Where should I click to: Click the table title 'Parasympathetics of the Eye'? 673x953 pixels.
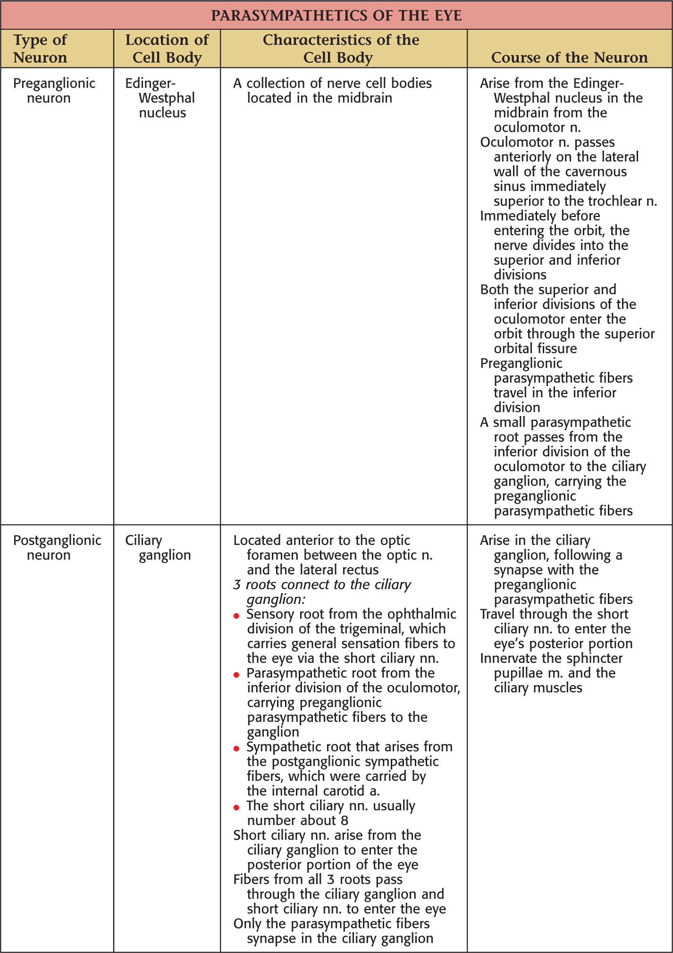point(336,16)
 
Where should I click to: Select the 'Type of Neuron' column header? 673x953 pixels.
point(40,49)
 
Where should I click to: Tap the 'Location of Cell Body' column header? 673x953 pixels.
point(167,49)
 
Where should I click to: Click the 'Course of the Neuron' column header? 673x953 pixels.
point(569,58)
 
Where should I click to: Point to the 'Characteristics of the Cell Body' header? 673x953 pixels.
point(341,49)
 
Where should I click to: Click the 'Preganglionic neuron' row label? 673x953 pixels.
point(54,91)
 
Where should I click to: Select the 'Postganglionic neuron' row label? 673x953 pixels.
point(57,547)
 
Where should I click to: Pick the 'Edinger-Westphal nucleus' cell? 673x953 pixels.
point(160,98)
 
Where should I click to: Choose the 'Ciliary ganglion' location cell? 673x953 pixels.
point(158,547)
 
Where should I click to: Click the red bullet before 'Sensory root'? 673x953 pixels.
point(236,616)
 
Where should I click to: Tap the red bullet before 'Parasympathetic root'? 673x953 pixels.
point(236,675)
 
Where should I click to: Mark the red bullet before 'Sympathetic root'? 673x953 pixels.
point(236,749)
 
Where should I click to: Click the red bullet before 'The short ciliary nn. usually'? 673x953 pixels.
point(236,808)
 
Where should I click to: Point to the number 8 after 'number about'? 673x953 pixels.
point(344,820)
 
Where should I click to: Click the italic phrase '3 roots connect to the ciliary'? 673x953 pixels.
point(322,585)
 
